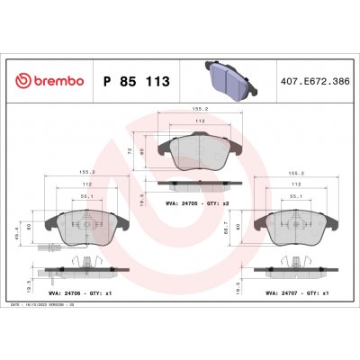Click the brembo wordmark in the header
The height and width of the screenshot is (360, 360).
click(51, 82)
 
